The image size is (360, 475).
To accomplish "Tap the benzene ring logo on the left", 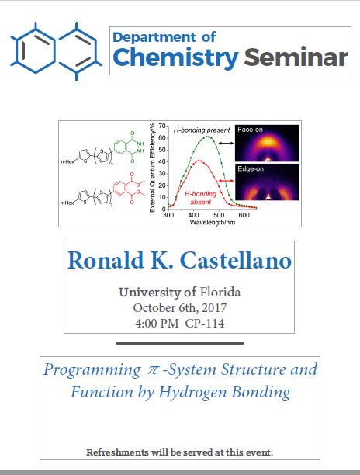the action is (x=56, y=51).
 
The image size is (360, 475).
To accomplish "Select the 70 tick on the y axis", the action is (x=162, y=126).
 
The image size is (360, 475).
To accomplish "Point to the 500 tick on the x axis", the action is (x=219, y=215).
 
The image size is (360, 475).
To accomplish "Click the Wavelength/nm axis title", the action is (x=213, y=222).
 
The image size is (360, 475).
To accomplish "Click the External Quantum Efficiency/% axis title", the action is (x=152, y=168).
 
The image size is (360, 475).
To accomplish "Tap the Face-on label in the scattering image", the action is (x=250, y=130).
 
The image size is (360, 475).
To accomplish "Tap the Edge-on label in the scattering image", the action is (x=251, y=168).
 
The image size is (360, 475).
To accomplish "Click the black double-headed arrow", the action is (x=227, y=143).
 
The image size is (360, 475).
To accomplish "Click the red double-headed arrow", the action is (x=227, y=181).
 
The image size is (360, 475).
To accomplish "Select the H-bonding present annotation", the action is (x=202, y=130).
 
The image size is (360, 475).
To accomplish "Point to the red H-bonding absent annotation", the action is (x=200, y=197).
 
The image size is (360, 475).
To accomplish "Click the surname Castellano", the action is (x=236, y=261).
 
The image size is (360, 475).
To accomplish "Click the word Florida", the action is (x=220, y=293).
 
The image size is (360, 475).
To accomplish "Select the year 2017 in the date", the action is (x=214, y=308).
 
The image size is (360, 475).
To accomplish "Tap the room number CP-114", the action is (x=205, y=324).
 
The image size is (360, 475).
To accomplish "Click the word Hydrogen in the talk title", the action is (x=193, y=392).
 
